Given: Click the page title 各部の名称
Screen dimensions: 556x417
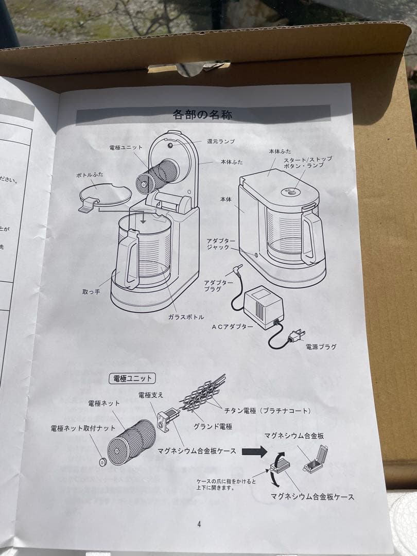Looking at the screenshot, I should tap(202, 114).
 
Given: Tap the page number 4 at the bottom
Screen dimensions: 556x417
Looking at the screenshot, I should tap(199, 524).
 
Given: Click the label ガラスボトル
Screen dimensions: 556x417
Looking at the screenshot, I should tap(186, 317).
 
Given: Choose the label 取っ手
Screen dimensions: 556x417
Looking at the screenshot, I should tap(91, 292).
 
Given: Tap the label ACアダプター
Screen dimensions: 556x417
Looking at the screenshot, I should tap(232, 326).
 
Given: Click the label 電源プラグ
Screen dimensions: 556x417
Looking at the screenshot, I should tap(321, 346).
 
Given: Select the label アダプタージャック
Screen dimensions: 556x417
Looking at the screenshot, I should tap(221, 244).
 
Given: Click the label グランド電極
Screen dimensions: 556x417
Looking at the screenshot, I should tap(213, 426).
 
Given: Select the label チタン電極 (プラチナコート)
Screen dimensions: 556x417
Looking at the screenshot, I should tap(267, 410).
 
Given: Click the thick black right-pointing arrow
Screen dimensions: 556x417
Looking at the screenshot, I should tap(254, 451).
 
